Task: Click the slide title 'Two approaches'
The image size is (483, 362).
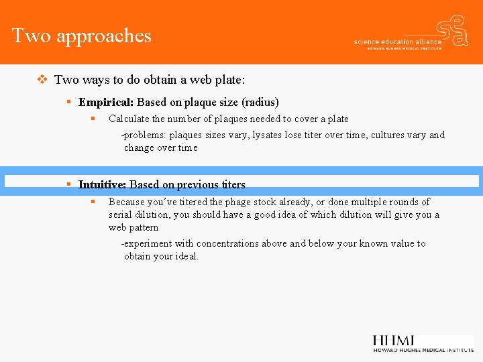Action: coord(82,36)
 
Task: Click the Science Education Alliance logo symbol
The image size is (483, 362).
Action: coord(451,30)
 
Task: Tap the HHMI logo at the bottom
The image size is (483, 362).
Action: coord(423,343)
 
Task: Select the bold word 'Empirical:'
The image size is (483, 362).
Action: coord(106,103)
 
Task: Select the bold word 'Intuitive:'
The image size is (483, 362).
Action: coord(102,184)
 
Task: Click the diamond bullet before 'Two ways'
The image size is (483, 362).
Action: coord(42,80)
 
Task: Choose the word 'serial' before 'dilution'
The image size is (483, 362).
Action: coord(120,215)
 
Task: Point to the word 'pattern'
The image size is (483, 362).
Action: coord(142,227)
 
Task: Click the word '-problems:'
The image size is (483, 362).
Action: coord(144,135)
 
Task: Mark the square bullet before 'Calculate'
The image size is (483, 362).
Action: coord(94,119)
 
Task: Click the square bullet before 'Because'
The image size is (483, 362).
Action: coord(94,202)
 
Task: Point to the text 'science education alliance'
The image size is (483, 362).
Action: coord(398,42)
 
